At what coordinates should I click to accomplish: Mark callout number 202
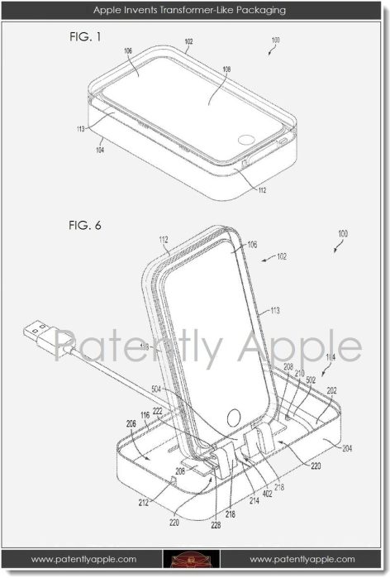(x=329, y=389)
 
